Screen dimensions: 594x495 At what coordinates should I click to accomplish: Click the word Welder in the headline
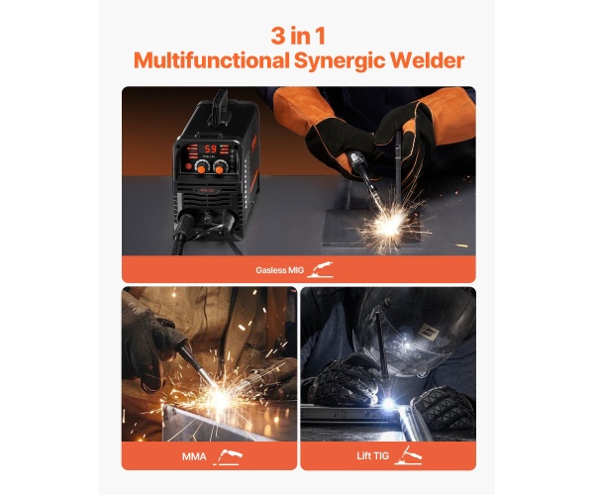point(427,60)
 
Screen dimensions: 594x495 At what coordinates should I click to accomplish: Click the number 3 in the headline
point(278,37)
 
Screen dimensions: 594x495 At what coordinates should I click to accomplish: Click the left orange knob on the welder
point(202,169)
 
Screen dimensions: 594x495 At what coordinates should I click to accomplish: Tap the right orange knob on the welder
point(219,169)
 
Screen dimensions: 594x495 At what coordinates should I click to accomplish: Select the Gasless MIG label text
point(279,270)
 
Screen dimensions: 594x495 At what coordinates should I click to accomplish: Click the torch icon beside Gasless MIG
point(321,269)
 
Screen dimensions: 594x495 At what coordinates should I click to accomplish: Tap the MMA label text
point(194,456)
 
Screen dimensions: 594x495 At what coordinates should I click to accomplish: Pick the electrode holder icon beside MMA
point(229,456)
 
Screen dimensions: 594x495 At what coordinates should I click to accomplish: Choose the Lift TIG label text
point(373,455)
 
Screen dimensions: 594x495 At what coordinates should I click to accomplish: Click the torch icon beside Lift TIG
point(408,455)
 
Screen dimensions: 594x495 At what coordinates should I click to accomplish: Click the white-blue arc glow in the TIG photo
point(389,404)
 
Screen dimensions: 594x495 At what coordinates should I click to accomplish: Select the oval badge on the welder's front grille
point(207,190)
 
